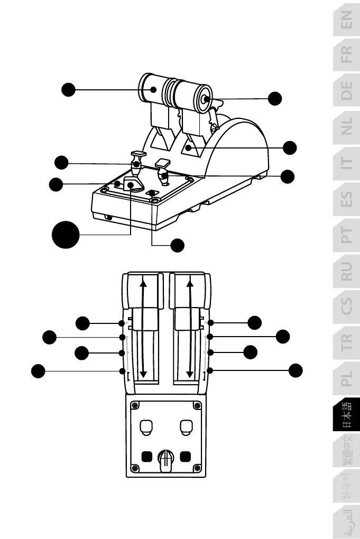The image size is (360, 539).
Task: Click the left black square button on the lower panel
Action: (147, 456)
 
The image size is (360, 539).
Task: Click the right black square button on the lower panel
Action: (185, 456)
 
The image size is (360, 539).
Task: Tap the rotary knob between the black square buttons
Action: (166, 458)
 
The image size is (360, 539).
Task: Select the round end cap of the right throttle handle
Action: (205, 99)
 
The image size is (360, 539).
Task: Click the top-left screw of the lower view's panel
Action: (135, 406)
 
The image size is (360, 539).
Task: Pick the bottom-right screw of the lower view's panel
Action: (197, 468)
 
